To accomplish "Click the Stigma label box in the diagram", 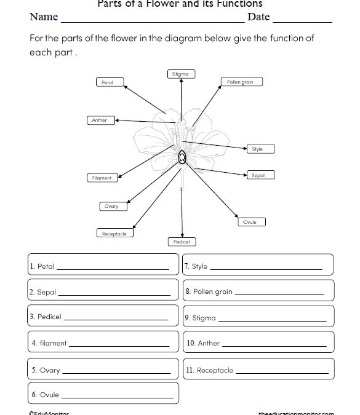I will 180,74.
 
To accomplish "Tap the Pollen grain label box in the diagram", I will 240,82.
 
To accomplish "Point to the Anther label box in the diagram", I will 100,121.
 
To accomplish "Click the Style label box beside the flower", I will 258,149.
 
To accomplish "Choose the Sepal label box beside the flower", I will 258,175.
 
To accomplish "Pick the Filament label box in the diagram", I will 102,178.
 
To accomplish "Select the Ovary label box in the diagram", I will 111,207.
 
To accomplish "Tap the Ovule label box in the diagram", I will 250,222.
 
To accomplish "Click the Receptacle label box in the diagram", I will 114,234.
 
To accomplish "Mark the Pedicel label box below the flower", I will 182,242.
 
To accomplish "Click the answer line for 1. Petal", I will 112,269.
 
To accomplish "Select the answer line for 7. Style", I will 266,269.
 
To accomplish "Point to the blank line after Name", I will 151,21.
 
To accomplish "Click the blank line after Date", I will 302,21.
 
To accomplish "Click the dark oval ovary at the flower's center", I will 183,159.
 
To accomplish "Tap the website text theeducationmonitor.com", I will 296,413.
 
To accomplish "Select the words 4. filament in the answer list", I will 49,344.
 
